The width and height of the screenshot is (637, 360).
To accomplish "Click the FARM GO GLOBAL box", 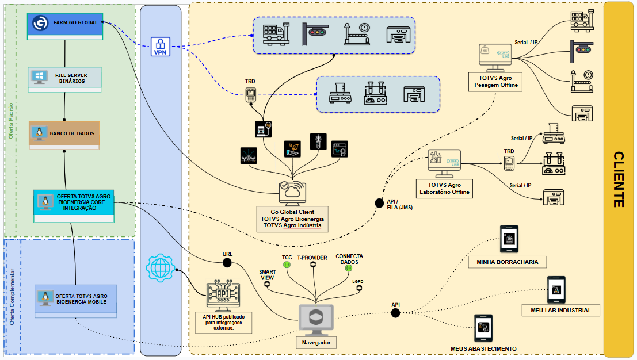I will [x=65, y=23].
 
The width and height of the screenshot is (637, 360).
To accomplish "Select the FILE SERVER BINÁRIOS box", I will [x=65, y=78].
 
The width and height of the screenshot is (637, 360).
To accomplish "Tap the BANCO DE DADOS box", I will [x=64, y=133].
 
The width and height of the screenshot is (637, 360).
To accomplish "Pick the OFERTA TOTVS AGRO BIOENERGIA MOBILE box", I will [x=75, y=298].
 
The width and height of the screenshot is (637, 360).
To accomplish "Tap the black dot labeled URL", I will [x=227, y=263].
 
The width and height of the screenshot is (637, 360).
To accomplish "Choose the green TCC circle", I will [x=287, y=265].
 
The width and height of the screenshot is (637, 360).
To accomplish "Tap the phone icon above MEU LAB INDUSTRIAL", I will [x=556, y=290].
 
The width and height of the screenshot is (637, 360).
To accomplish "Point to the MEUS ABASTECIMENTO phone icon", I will [x=483, y=329].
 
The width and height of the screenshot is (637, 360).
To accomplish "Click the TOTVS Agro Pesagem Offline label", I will [x=495, y=81].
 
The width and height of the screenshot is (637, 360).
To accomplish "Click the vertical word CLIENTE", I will [x=619, y=179].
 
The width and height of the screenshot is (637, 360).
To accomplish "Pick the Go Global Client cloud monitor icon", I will [x=292, y=193].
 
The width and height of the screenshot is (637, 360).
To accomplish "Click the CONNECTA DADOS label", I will [x=349, y=259].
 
